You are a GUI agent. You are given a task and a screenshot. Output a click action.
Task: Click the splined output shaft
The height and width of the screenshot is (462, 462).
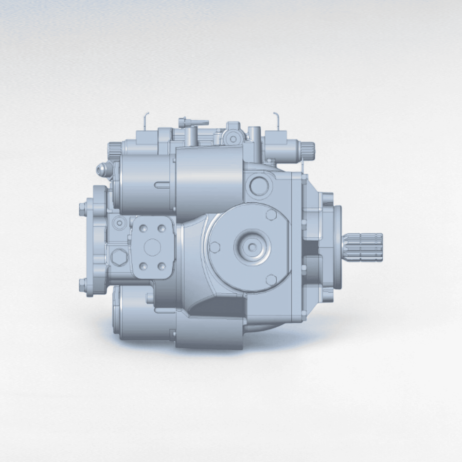coord(365,248)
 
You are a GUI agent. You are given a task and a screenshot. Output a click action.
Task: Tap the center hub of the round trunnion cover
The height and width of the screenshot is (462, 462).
coord(252,247)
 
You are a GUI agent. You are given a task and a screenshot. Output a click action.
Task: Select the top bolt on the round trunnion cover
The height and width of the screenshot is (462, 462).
coord(271,214)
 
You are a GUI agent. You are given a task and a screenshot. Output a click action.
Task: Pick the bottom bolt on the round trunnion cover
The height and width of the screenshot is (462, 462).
coord(271,279)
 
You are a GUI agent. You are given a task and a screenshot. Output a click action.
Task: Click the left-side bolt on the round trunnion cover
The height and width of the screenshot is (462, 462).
coord(214,248)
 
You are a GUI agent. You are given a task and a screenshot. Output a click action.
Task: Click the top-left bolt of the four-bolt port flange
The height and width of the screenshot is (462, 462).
coord(144,228)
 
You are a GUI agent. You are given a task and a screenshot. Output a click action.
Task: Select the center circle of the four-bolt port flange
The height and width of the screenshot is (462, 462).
coord(153,247)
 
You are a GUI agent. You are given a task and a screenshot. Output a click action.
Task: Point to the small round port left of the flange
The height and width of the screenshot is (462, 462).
coord(119,223)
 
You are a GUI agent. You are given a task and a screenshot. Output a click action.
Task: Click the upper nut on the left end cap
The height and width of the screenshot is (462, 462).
coord(83,210)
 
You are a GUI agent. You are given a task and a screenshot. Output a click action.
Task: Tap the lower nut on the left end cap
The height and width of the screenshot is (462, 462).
coord(83,284)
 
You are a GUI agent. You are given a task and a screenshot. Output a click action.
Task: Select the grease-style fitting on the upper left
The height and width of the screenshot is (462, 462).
coord(102,169)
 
